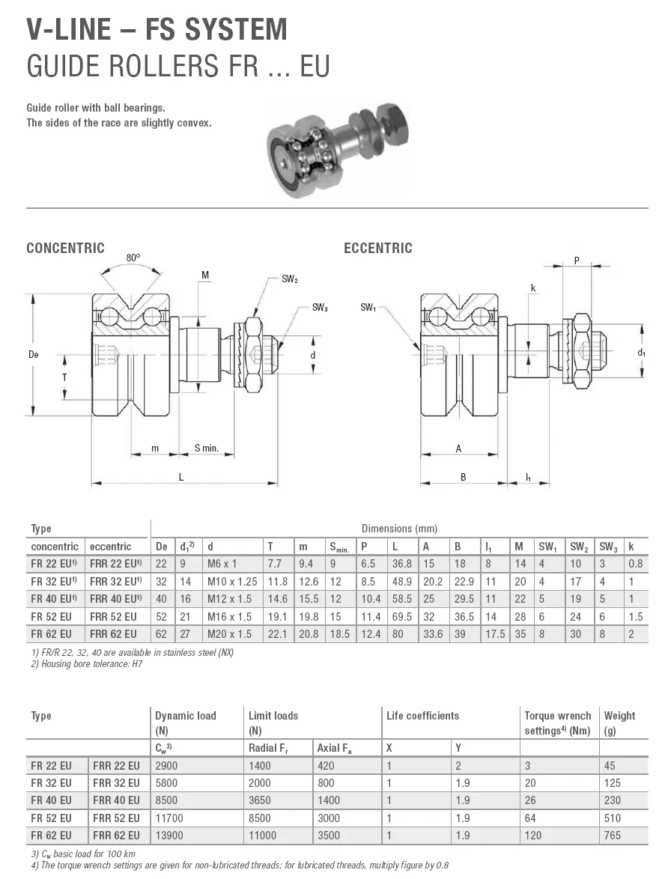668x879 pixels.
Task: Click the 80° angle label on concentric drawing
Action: (133, 258)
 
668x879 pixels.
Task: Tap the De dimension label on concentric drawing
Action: (33, 354)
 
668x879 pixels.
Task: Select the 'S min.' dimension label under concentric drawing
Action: (206, 448)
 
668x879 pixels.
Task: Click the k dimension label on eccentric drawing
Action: (532, 288)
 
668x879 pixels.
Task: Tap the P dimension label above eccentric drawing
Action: (576, 261)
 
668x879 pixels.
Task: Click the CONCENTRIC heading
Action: (65, 249)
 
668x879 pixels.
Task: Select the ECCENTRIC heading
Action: (377, 249)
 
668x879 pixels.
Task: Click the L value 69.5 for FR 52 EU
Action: (402, 617)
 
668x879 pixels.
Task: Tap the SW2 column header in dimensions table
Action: (578, 547)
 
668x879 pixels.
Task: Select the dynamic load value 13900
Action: (168, 836)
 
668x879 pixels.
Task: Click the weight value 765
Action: (612, 836)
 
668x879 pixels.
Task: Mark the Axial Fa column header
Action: (333, 748)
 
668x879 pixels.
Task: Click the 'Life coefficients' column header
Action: (422, 716)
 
